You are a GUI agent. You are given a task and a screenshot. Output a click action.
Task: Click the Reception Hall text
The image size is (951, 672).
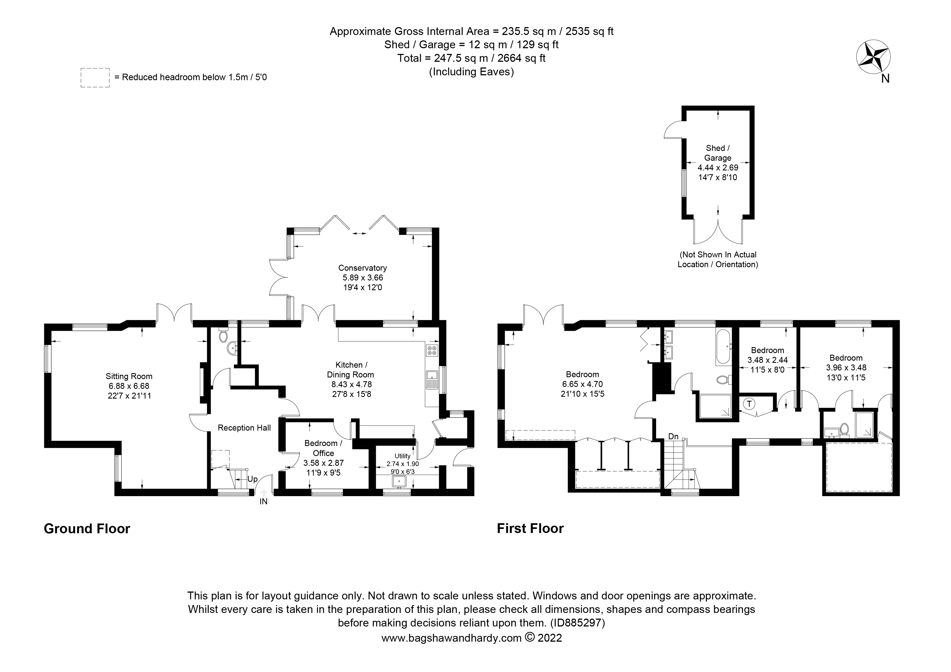[244, 428]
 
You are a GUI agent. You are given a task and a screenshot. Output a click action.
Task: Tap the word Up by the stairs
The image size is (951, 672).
[253, 479]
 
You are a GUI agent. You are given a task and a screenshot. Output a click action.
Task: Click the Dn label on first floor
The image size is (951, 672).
[673, 437]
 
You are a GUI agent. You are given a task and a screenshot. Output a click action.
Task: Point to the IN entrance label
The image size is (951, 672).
[263, 501]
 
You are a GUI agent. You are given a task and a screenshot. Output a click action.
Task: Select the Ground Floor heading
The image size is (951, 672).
[87, 529]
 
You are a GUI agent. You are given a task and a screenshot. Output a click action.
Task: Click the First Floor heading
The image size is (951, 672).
[530, 529]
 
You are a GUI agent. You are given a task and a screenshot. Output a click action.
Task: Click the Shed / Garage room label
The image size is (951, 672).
[718, 153]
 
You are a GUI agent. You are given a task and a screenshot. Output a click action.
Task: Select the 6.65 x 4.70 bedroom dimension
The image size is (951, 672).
[582, 384]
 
